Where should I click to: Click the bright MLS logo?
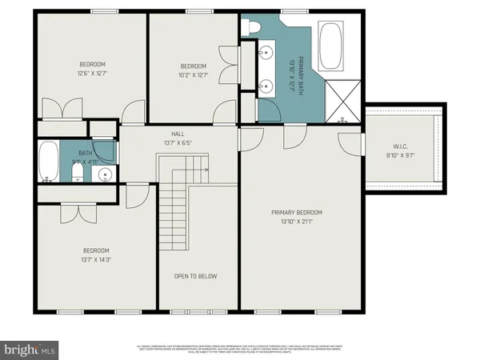pos(30,349)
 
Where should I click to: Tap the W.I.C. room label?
pos(400,146)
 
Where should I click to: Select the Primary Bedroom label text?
pos(296,212)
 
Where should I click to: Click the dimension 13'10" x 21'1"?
pos(296,222)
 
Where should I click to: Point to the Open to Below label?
pos(196,276)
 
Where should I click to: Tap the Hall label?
pos(178,134)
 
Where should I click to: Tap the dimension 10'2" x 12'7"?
pos(194,75)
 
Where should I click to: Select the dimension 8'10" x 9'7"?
pos(400,156)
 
